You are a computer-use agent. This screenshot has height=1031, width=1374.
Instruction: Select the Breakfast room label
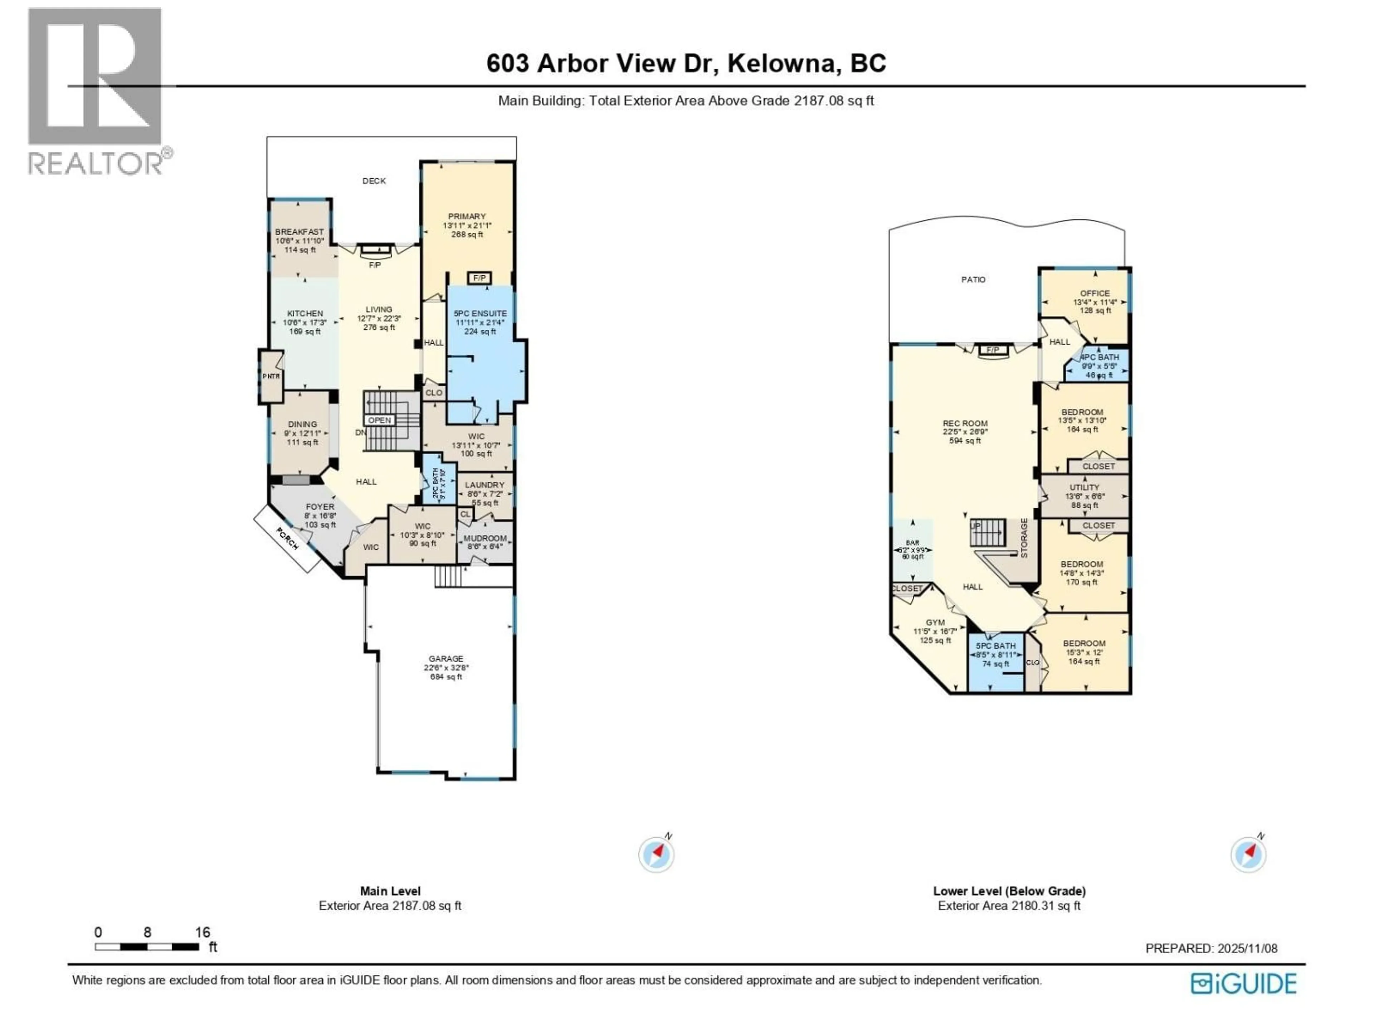coord(299,232)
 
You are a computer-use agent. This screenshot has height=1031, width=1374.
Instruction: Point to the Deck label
coord(374,181)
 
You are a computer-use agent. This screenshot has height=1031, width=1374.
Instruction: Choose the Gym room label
coord(935,623)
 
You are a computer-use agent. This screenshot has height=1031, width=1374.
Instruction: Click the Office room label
coord(1095,293)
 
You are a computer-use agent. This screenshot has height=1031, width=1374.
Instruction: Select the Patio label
coord(973,280)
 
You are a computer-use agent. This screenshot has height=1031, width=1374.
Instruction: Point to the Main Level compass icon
coord(656,855)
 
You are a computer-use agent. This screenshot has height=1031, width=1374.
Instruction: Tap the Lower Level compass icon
coord(1248,855)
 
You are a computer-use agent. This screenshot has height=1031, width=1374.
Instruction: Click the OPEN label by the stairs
coord(379,421)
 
